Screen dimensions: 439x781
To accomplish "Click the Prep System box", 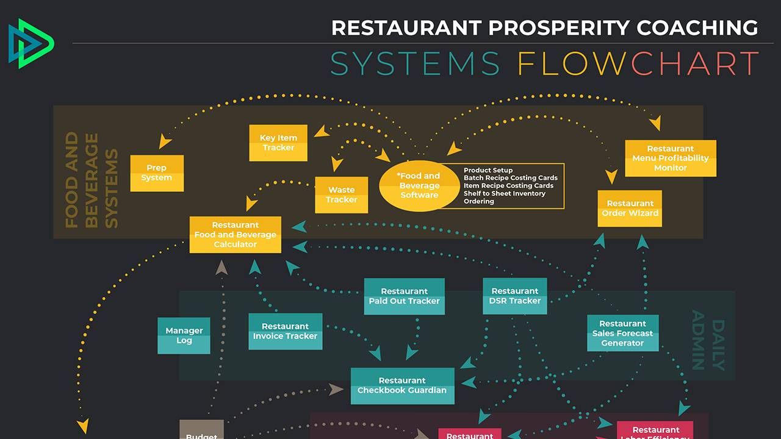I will pos(157,173).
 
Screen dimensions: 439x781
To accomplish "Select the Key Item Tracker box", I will pos(278,143).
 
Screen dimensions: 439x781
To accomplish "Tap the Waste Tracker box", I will pos(341,195).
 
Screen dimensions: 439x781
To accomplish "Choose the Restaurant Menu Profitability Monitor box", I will pos(670,158).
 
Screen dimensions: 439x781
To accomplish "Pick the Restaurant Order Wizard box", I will pos(630,209).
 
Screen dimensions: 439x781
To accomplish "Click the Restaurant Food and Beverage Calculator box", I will pos(235,235).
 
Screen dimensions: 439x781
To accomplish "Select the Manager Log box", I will pos(184,335).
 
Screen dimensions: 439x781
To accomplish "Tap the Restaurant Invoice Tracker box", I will pos(285,331).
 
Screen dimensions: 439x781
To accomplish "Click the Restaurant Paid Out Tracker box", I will pos(404,296).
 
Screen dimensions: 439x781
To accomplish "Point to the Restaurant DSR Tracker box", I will pos(514,296).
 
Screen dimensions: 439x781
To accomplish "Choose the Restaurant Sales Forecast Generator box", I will pos(622,333).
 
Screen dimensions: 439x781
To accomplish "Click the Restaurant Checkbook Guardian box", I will pos(402,385).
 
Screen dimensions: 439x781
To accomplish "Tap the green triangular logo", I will pos(31,43).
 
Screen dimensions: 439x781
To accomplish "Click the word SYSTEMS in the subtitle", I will pos(415,63).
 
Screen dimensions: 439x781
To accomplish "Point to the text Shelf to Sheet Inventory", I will pos(504,193).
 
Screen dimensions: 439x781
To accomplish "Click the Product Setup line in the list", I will pos(488,170).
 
